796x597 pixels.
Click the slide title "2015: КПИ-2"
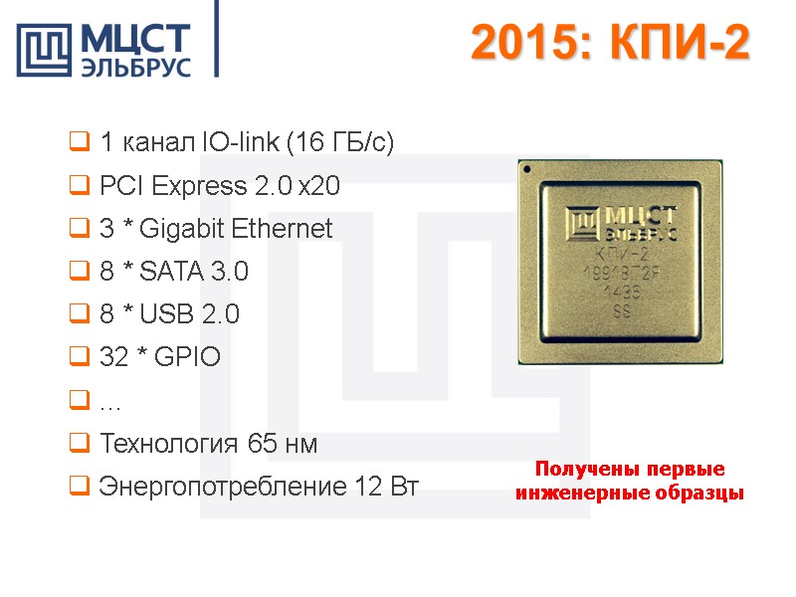pyautogui.click(x=609, y=43)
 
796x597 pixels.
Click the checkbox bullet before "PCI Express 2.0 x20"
pyautogui.click(x=80, y=186)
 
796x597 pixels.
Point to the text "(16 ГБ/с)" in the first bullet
pyautogui.click(x=340, y=143)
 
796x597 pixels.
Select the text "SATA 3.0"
pyautogui.click(x=194, y=272)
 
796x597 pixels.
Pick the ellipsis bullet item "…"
pyautogui.click(x=108, y=401)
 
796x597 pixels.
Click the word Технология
pyautogui.click(x=164, y=444)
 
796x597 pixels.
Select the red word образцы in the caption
pyautogui.click(x=700, y=493)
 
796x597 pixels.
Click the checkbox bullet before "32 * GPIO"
pyautogui.click(x=80, y=357)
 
